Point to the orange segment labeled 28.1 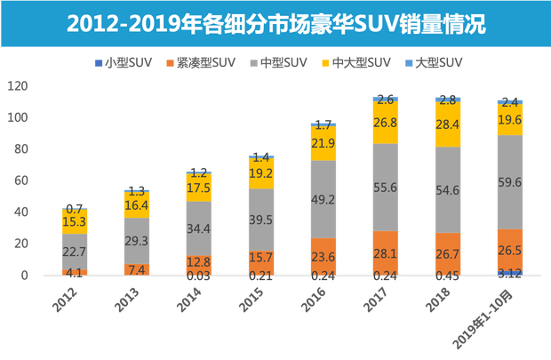(384, 252)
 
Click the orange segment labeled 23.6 (322, 255)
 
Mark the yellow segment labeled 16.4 (137, 204)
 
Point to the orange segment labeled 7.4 (137, 269)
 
